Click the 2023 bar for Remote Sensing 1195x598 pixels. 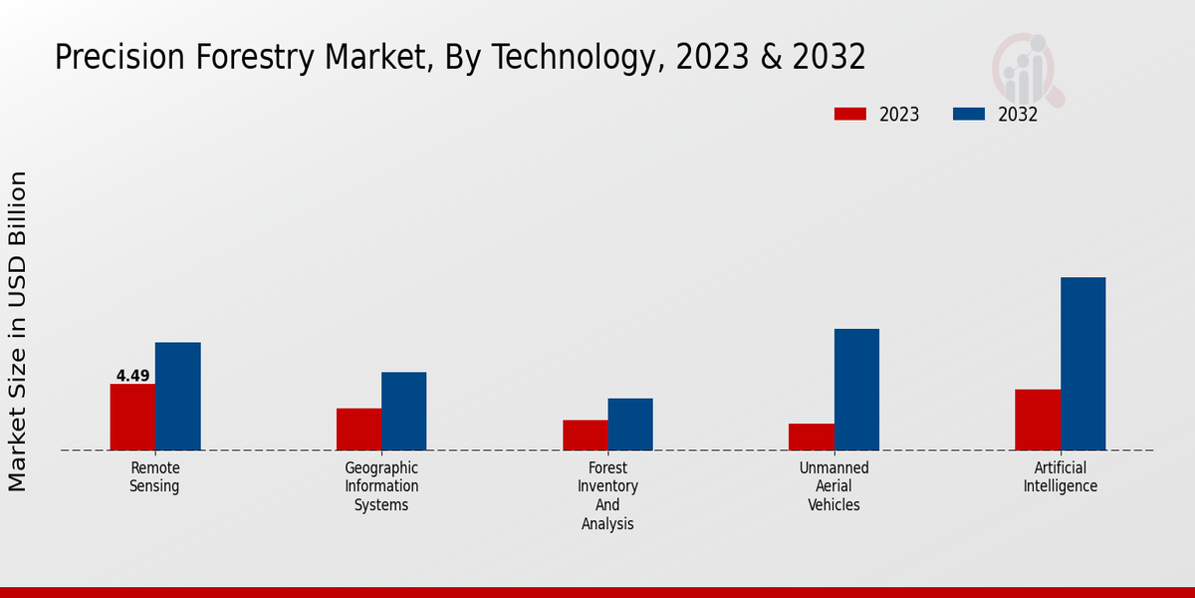132,417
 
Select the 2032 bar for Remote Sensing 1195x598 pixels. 178,396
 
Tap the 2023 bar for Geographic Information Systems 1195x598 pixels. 358,429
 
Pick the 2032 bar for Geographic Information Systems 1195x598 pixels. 404,411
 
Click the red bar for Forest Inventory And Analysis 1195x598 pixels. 586,435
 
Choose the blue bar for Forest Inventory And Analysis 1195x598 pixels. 630,424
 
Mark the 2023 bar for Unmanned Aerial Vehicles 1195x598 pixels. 812,437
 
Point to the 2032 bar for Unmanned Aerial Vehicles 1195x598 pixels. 856,389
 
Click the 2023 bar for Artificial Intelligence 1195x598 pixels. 1038,420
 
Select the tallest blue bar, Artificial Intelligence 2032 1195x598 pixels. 1083,363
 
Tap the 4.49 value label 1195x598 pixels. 132,376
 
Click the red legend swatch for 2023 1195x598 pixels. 850,114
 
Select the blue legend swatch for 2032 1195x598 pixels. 969,114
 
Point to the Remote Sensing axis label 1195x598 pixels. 154,477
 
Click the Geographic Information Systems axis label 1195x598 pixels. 381,486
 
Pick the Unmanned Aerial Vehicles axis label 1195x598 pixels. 835,486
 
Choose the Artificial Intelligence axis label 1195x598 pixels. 1060,477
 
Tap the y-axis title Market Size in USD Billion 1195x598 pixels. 18,331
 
